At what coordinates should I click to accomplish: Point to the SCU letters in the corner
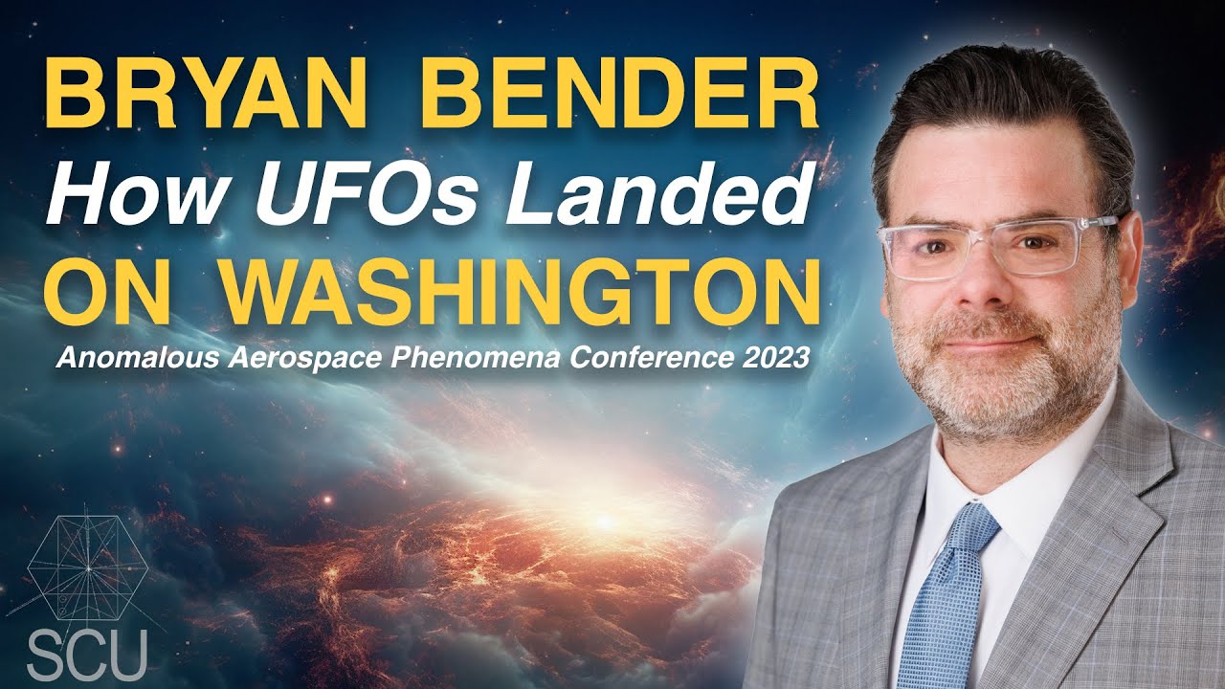click(86, 653)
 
